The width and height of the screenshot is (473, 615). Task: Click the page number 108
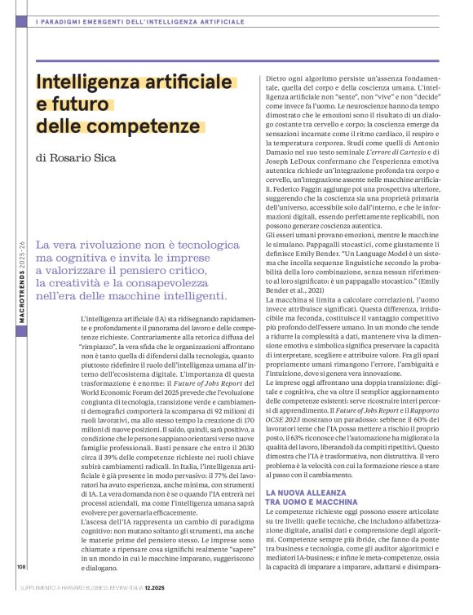click(x=20, y=587)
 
